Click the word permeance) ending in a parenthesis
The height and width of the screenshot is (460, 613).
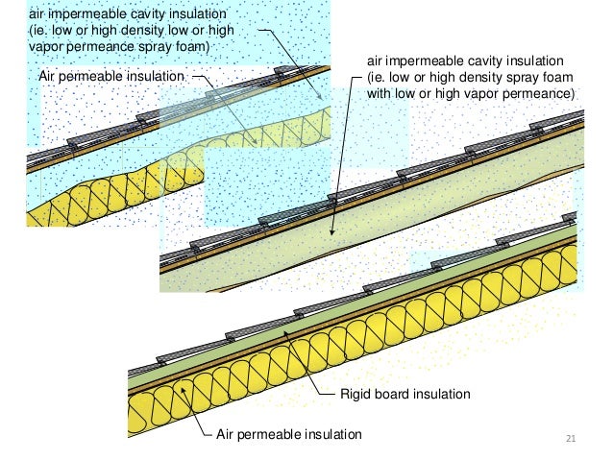[x=536, y=94]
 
